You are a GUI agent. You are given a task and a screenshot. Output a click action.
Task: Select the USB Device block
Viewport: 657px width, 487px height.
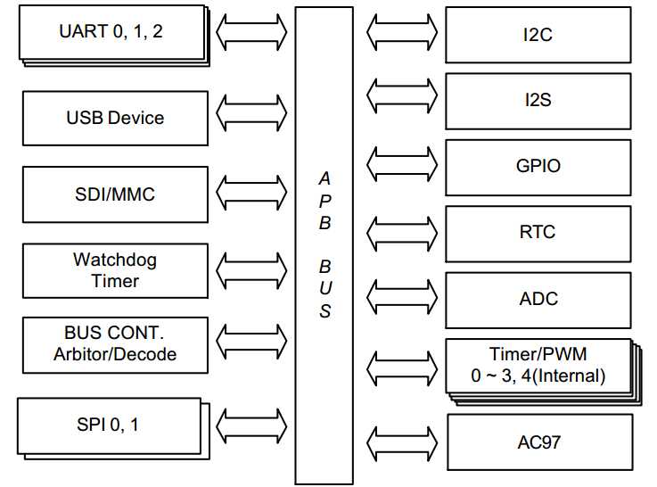point(115,118)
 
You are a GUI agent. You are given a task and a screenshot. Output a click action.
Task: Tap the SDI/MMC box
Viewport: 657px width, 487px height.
point(115,194)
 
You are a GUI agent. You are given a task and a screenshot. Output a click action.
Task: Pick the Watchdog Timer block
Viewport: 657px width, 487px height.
point(115,270)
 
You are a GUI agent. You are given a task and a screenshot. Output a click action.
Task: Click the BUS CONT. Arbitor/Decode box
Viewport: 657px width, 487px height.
point(115,344)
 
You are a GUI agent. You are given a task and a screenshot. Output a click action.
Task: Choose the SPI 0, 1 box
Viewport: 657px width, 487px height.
point(111,425)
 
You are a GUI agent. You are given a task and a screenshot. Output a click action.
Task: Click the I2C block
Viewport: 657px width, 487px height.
point(538,36)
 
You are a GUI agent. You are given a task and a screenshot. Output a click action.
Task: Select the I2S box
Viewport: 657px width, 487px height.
point(538,100)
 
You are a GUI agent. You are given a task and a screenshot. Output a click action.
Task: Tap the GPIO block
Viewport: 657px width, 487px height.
point(538,166)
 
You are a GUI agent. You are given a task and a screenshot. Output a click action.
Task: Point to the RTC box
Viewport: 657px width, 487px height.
point(538,232)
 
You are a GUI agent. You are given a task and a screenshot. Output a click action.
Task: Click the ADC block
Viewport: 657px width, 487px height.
point(538,298)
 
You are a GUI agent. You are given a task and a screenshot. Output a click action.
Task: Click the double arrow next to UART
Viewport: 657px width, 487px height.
point(251,32)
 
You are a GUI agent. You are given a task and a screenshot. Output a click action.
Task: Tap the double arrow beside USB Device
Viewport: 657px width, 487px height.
point(251,112)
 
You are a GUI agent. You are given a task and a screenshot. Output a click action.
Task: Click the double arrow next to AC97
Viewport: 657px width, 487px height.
point(401,442)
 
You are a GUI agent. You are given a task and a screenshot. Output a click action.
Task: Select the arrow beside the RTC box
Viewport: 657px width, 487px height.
point(401,232)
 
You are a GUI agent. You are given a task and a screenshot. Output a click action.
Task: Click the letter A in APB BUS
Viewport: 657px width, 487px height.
point(324,179)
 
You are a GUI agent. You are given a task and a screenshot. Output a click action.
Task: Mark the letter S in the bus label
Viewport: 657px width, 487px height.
point(325,311)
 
